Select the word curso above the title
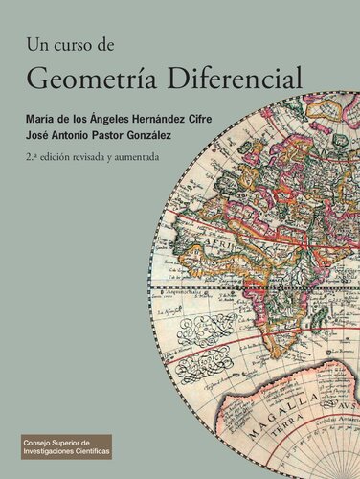tap(77, 44)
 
